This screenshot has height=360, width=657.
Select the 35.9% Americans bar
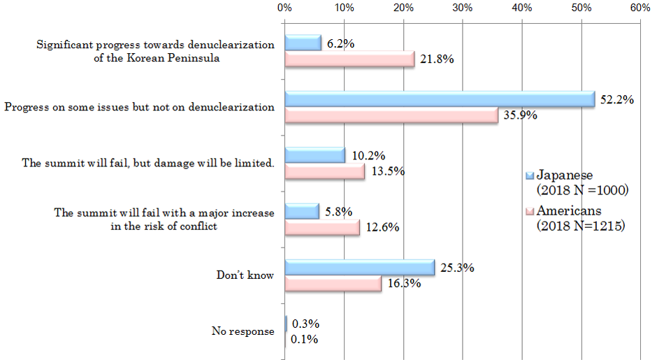tap(391, 115)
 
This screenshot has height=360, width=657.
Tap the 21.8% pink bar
tap(349, 59)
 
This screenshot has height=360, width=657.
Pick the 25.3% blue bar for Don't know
tap(359, 267)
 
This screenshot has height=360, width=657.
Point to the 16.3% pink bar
tap(333, 283)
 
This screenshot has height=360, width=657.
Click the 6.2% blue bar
tap(303, 43)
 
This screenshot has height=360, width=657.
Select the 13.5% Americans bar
tap(324, 171)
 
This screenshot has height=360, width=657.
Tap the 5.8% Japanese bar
tap(301, 211)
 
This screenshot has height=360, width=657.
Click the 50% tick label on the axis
tap(580, 8)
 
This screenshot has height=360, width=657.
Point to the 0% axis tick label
tap(284, 8)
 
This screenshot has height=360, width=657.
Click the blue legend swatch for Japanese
tap(530, 175)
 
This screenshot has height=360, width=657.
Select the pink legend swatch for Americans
tap(530, 211)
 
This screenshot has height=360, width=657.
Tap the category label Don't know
tap(245, 275)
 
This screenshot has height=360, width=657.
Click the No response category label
tap(243, 331)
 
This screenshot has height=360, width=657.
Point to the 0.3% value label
tap(305, 324)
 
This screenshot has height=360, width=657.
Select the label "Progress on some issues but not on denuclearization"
tap(139, 108)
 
